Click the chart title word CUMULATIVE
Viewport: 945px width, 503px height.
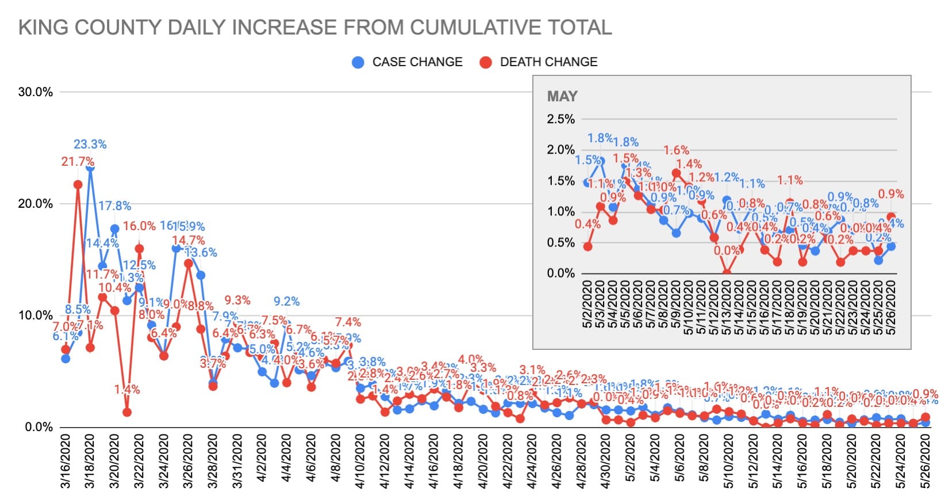[x=460, y=28]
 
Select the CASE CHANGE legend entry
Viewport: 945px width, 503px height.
[x=417, y=62]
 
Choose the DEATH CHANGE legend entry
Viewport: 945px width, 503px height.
[x=548, y=62]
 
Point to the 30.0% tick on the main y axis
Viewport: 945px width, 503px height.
[x=36, y=92]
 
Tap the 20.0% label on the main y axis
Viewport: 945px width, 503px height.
[x=36, y=204]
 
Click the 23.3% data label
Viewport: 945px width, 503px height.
[x=90, y=144]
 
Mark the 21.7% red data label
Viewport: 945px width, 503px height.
[x=78, y=162]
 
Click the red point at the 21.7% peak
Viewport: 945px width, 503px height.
[x=78, y=185]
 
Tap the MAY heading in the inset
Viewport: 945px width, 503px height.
[x=562, y=97]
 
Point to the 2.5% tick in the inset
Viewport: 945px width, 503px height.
[x=560, y=119]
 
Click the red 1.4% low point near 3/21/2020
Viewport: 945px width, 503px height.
[x=127, y=412]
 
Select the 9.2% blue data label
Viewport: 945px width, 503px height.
[x=286, y=302]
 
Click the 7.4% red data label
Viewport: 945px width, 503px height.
[x=348, y=322]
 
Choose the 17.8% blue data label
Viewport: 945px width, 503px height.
[x=114, y=206]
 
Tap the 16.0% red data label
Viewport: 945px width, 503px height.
[x=139, y=226]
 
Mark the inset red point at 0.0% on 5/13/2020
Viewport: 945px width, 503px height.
[x=727, y=273]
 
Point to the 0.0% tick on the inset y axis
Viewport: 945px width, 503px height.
[x=560, y=273]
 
